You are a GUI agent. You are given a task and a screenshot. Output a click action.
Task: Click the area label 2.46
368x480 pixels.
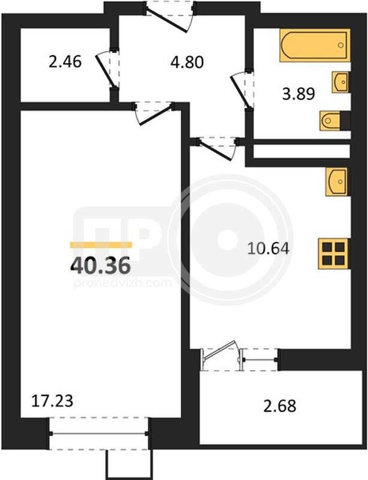click(65, 62)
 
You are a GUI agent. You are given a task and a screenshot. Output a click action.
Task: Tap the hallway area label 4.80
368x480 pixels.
click(187, 62)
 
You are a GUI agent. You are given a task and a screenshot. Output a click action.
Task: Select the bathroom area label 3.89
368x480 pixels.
click(298, 94)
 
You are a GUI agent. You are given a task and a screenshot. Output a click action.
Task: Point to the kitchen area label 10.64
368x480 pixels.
click(268, 248)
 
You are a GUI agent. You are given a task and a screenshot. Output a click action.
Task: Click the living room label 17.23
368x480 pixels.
click(52, 401)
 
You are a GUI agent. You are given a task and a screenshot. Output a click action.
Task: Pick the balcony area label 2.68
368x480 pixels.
click(280, 406)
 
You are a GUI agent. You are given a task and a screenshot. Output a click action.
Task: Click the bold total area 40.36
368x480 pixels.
click(101, 266)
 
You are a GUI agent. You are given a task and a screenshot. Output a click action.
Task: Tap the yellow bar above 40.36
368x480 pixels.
click(101, 245)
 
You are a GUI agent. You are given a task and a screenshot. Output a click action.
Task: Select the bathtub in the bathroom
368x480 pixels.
click(315, 46)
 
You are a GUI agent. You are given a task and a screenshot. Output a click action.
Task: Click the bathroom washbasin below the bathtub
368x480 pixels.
click(340, 82)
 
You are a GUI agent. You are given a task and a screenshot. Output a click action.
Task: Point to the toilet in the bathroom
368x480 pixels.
click(331, 121)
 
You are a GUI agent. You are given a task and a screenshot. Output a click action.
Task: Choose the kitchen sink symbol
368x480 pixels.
click(337, 182)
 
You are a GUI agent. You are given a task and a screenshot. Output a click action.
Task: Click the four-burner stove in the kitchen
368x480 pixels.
click(333, 254)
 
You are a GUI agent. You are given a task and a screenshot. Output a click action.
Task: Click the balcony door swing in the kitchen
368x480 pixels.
click(219, 350)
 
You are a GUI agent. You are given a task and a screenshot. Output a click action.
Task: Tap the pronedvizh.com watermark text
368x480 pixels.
click(122, 283)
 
